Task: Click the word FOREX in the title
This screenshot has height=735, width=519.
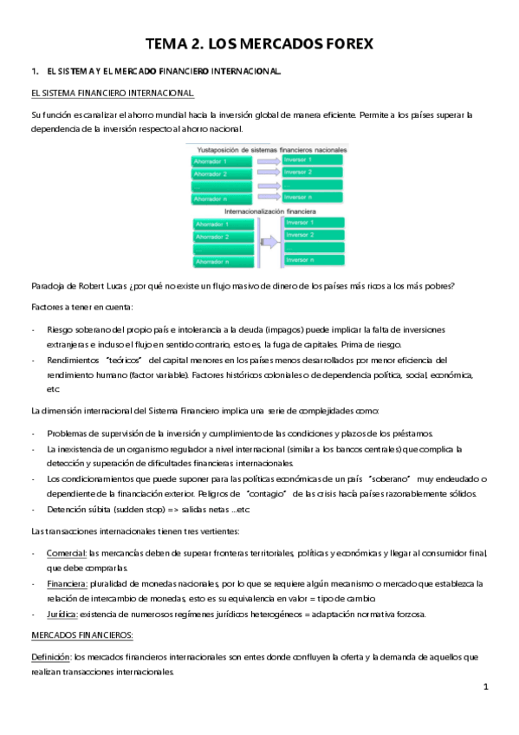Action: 341,42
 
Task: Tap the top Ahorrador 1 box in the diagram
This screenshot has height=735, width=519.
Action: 224,161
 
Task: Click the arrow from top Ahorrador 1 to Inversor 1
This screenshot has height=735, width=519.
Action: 268,161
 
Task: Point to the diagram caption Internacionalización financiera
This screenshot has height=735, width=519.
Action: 268,211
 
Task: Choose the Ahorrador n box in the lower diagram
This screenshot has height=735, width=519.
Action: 224,261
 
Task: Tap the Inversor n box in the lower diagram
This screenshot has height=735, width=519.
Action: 313,259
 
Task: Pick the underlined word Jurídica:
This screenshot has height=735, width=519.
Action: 66,615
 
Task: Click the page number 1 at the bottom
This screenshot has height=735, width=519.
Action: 486,688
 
